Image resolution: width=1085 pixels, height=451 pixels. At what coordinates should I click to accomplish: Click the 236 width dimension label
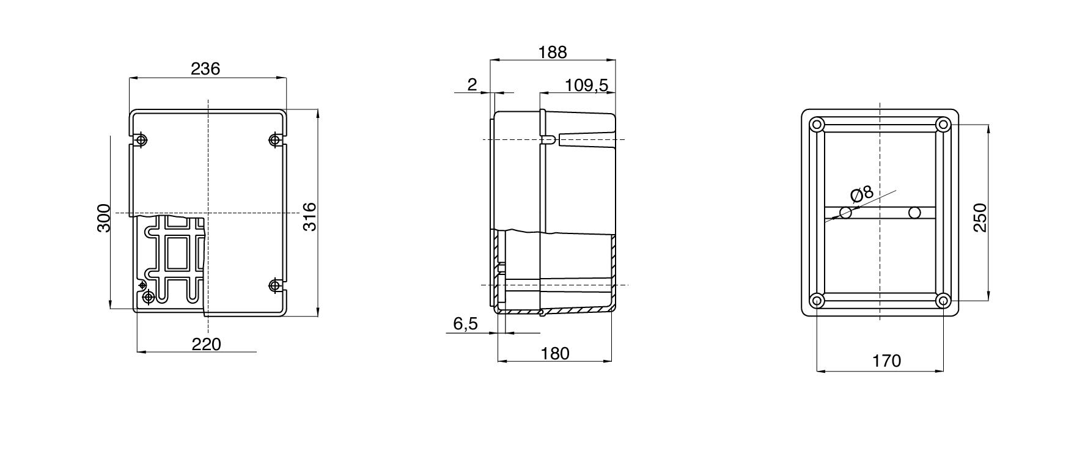click(x=205, y=68)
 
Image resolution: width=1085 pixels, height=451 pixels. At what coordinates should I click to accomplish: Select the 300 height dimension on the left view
click(x=103, y=218)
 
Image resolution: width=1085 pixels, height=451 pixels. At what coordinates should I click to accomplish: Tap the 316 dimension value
click(x=310, y=216)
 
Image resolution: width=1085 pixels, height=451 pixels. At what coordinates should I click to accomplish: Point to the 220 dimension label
click(x=206, y=344)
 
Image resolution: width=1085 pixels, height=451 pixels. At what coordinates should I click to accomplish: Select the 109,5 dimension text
click(x=586, y=85)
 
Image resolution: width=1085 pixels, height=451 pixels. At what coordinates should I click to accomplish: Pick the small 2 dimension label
click(x=471, y=85)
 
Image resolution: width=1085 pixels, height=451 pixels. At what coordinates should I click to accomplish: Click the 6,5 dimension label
click(x=465, y=324)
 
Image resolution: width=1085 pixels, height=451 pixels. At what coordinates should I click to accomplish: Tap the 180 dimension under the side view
click(x=554, y=353)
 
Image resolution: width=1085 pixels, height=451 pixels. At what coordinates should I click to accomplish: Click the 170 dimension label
click(x=886, y=361)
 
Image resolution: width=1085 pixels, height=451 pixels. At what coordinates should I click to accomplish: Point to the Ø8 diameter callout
click(x=862, y=195)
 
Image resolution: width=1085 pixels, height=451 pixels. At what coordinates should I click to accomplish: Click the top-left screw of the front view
click(x=142, y=141)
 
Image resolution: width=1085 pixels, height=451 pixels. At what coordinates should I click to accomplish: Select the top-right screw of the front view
click(x=275, y=141)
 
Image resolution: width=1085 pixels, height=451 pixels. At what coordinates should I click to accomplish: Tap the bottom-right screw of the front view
click(x=275, y=285)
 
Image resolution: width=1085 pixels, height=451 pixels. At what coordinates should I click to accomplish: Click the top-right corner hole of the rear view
click(x=943, y=125)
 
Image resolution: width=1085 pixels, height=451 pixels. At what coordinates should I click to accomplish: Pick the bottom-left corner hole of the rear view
click(x=817, y=300)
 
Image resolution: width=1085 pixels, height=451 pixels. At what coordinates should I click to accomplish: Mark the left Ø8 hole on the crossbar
click(x=846, y=213)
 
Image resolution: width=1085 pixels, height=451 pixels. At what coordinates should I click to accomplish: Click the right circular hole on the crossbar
click(x=914, y=213)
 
